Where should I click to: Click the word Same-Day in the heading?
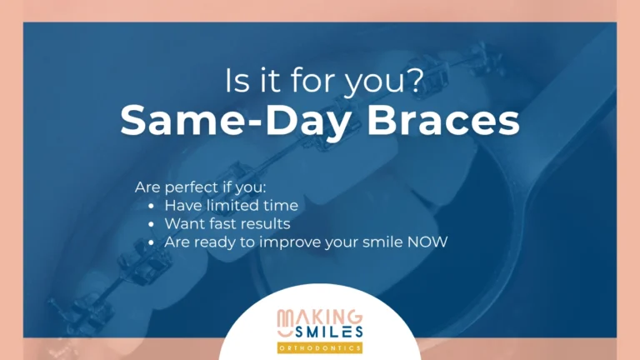(x=235, y=121)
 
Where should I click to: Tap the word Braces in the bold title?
(x=443, y=120)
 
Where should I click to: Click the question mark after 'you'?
(x=415, y=80)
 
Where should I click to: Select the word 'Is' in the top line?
(x=237, y=80)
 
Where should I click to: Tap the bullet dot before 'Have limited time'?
(x=152, y=206)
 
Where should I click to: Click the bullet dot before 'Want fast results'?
(x=152, y=224)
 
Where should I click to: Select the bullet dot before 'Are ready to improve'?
(x=152, y=242)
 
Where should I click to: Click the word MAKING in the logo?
(x=320, y=317)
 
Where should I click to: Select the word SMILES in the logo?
(x=328, y=332)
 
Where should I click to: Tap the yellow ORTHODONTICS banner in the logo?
(x=320, y=348)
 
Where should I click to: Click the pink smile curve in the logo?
(x=285, y=333)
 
